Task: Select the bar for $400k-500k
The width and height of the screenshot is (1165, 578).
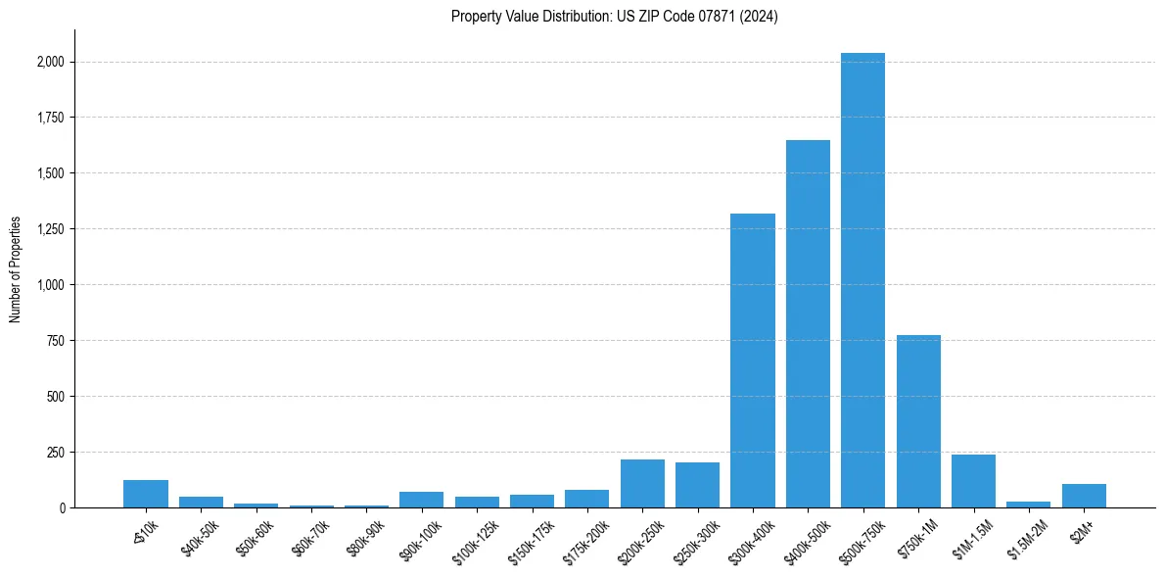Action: [808, 324]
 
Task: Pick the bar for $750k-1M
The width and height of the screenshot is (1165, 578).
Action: [918, 421]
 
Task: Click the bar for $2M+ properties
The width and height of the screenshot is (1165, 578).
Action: [1084, 496]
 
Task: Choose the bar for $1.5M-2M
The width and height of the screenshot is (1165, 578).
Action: [1028, 505]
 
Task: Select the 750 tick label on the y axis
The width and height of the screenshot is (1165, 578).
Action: [57, 341]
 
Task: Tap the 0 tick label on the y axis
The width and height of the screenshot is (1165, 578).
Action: [62, 508]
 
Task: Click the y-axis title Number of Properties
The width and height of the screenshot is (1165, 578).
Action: [16, 269]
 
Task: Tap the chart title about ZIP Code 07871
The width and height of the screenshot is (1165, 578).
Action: [615, 16]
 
